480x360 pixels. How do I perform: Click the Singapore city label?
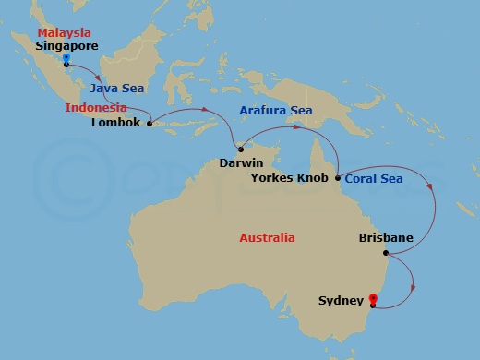67,44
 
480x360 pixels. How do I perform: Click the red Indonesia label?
96,107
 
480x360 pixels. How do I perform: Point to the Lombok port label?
118,122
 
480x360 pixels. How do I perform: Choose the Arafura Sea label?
275,111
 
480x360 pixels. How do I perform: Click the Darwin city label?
243,162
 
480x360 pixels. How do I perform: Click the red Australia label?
267,237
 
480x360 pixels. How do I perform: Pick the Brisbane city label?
385,237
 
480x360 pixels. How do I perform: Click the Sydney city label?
341,300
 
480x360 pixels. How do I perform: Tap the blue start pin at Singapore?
66,59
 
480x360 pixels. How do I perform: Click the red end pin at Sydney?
372,298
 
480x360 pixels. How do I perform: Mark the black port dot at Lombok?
149,122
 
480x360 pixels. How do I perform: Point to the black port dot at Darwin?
240,150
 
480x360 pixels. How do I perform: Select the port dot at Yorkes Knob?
338,177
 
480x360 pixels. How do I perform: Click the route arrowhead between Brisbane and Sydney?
411,288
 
